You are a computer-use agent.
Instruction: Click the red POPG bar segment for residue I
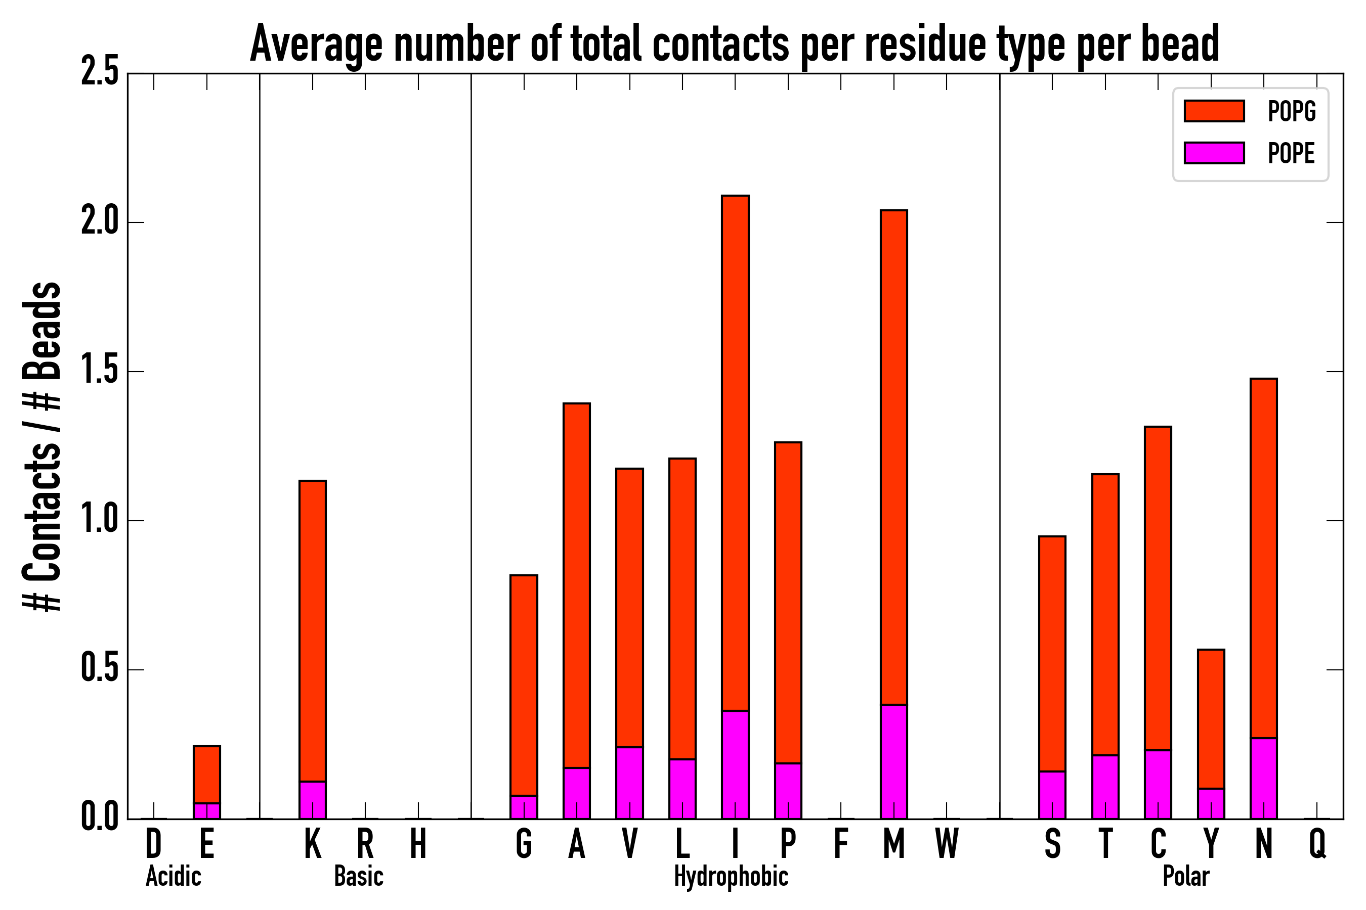(x=735, y=452)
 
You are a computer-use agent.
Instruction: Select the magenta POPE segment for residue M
(x=894, y=761)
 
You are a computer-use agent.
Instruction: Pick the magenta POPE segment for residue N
(x=1263, y=778)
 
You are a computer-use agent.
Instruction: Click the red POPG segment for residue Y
(x=1211, y=718)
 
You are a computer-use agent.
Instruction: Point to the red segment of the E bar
(x=207, y=774)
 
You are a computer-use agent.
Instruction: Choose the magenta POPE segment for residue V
(x=629, y=783)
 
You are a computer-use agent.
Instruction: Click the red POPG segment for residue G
(x=524, y=685)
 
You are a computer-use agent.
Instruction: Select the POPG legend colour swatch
(x=1214, y=111)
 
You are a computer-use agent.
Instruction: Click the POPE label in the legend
(x=1291, y=153)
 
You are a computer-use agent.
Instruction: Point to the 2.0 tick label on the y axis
(x=100, y=222)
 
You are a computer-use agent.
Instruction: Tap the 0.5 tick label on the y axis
(x=100, y=670)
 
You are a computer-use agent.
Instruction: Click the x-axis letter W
(x=947, y=844)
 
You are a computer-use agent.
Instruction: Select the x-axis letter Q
(x=1317, y=844)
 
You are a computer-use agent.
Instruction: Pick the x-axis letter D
(x=153, y=844)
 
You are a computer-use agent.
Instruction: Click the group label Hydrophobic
(x=731, y=876)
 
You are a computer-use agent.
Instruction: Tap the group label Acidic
(x=174, y=876)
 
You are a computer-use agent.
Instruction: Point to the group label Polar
(x=1186, y=876)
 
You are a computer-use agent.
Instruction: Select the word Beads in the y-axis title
(x=42, y=331)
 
